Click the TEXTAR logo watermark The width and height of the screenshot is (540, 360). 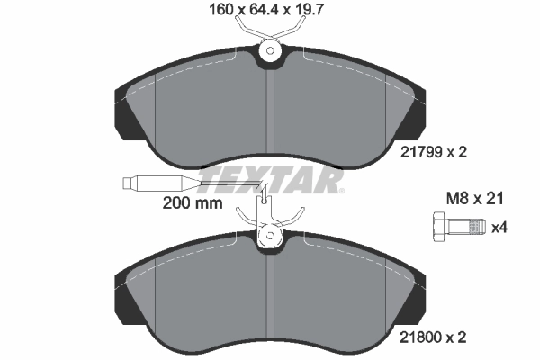point(270,181)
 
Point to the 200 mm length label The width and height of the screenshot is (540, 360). point(192,203)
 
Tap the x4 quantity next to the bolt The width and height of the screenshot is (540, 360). point(497,228)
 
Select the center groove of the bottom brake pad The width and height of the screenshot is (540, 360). point(270,297)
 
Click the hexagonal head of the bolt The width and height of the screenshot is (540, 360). point(438,227)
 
